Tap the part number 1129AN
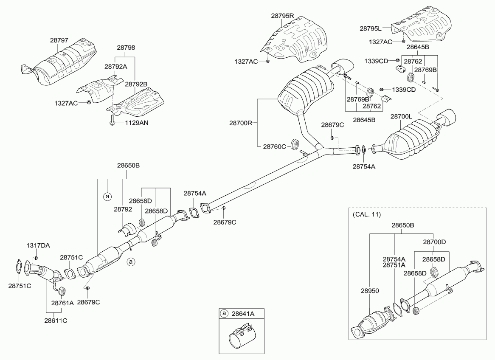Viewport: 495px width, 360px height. [x=137, y=123]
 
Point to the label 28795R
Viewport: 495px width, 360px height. [x=283, y=16]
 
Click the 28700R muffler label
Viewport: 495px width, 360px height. [x=241, y=123]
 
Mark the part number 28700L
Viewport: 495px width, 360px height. [x=402, y=116]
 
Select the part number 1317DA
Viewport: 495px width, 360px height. [x=38, y=246]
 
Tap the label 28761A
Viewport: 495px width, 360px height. [x=62, y=303]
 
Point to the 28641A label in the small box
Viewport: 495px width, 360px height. [x=243, y=314]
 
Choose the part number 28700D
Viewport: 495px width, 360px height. [x=434, y=242]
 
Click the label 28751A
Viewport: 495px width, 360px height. [x=394, y=265]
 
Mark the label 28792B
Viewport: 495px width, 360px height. [x=136, y=84]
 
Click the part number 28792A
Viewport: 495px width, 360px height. [x=116, y=66]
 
